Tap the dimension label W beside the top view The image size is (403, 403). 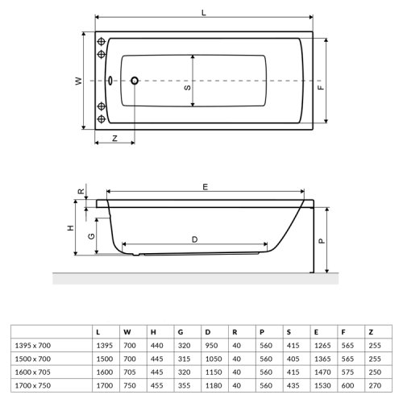coord(78,81)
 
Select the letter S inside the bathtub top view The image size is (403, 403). coord(187,90)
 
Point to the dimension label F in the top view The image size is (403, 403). coord(320,90)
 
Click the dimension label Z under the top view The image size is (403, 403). coord(114,139)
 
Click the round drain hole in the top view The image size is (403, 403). coord(135,81)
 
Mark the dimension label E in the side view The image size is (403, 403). coord(206,187)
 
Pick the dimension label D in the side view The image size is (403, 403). coord(194,239)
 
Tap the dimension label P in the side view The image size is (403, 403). coord(321,239)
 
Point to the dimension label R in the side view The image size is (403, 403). coord(81,192)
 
